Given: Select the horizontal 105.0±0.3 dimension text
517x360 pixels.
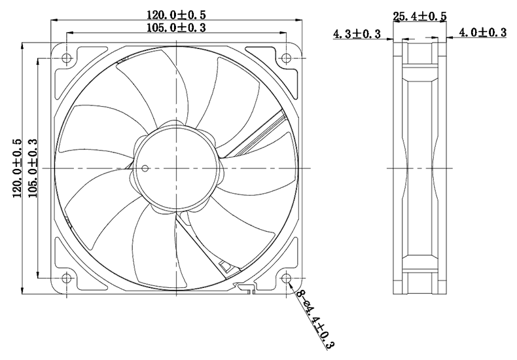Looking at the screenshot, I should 177,27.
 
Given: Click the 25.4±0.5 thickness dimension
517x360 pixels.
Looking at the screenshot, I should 419,16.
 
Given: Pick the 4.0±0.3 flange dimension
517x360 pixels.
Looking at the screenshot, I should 483,32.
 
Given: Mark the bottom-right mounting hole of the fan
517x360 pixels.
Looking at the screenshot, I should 287,278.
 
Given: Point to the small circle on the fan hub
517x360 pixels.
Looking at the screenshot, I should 145,168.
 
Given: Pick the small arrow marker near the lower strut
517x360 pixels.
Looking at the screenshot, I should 226,267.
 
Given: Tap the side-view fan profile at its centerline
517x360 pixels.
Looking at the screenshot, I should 419,168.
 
